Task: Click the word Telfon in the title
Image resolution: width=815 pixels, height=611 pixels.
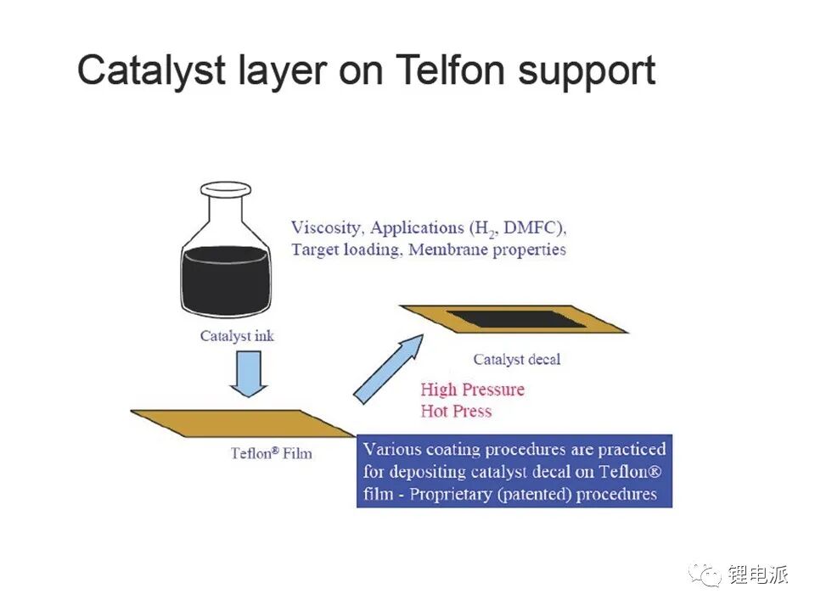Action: click(x=450, y=70)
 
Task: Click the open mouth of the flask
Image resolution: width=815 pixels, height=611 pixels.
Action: click(x=226, y=188)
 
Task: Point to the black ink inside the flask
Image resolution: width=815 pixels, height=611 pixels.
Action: click(x=226, y=281)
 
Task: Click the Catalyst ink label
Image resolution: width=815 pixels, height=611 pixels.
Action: click(x=237, y=336)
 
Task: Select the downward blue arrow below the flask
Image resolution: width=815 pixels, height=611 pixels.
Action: click(x=249, y=374)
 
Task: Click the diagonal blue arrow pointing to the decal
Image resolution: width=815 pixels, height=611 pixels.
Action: click(x=389, y=369)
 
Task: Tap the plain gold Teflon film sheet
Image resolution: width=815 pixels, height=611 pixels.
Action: click(x=243, y=423)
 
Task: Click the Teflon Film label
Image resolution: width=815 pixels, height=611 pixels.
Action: click(x=272, y=453)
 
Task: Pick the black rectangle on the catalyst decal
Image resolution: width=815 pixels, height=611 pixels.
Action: click(x=516, y=319)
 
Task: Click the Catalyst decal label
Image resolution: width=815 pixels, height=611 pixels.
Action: click(x=517, y=360)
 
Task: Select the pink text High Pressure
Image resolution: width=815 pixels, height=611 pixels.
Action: click(x=473, y=390)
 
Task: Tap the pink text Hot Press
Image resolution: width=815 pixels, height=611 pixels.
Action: click(x=456, y=411)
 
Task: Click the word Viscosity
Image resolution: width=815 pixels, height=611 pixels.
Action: click(x=326, y=228)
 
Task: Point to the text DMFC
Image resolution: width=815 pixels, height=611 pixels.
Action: click(x=533, y=227)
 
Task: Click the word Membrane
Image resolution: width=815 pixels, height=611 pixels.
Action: click(x=448, y=249)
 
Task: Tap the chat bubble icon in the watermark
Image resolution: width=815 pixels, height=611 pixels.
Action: click(x=705, y=575)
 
